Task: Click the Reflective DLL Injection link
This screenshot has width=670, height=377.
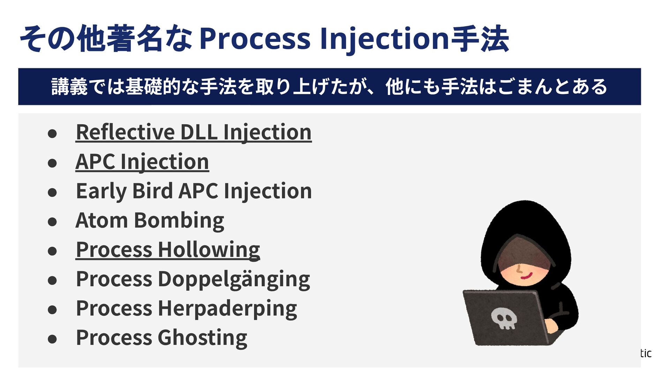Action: click(x=193, y=132)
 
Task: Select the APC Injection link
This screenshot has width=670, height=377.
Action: click(x=142, y=162)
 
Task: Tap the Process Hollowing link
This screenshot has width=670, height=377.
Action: click(x=168, y=250)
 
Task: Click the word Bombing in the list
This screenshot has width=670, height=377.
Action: click(x=179, y=221)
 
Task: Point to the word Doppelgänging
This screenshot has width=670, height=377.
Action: click(x=234, y=279)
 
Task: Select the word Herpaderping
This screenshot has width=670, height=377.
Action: click(x=227, y=309)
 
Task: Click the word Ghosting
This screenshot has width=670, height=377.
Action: click(x=202, y=338)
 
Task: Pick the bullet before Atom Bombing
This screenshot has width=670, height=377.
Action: click(x=52, y=222)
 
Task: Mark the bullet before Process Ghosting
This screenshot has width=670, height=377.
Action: click(x=52, y=339)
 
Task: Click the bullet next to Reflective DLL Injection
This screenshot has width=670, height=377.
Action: click(x=52, y=134)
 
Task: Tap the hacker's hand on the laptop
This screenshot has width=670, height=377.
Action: click(x=551, y=325)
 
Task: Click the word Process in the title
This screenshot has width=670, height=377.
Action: click(x=255, y=38)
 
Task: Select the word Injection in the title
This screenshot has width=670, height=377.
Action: click(x=384, y=38)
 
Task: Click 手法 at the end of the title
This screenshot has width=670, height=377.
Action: click(x=480, y=38)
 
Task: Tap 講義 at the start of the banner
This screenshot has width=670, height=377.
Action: click(x=69, y=87)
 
